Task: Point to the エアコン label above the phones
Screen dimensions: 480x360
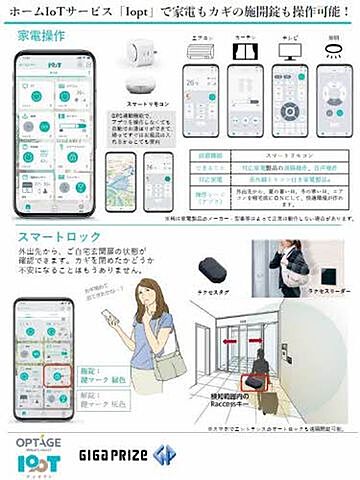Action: coord(201,35)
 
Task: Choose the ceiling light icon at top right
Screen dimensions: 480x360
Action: coord(330,45)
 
